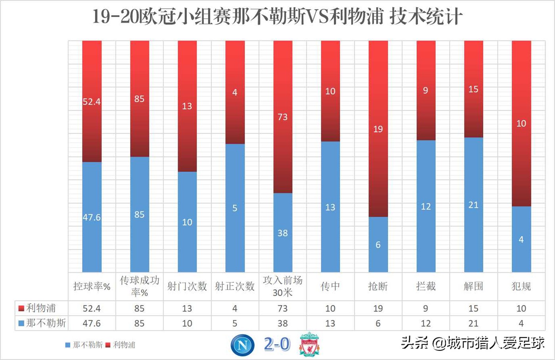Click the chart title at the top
point(277,17)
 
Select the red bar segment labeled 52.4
point(92,101)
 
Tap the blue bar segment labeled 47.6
point(92,217)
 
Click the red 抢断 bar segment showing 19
point(378,129)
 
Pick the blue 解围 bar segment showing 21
point(473,205)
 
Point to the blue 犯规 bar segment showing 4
point(521,239)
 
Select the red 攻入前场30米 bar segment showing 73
point(283,117)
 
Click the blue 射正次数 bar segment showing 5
point(235,208)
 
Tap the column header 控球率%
point(92,286)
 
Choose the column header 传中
point(330,286)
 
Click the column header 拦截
point(426,286)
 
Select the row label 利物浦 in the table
point(41,308)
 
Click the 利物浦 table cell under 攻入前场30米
point(283,308)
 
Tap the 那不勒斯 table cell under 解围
point(473,324)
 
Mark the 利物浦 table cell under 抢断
point(378,308)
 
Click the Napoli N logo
point(243,345)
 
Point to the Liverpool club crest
point(309,344)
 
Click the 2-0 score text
point(277,344)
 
